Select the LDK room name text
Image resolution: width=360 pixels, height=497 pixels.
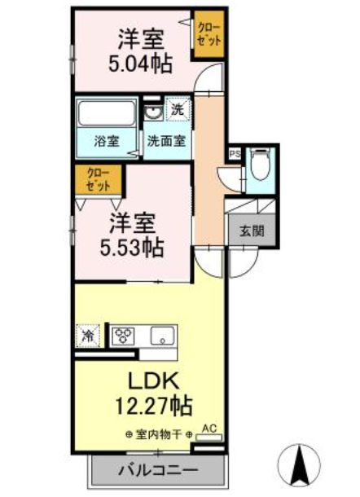click(150, 380)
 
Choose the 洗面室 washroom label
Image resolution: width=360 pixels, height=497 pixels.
click(165, 140)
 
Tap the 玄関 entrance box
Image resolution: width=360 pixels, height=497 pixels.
click(251, 231)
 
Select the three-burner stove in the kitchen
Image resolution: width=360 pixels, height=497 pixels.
click(125, 334)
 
